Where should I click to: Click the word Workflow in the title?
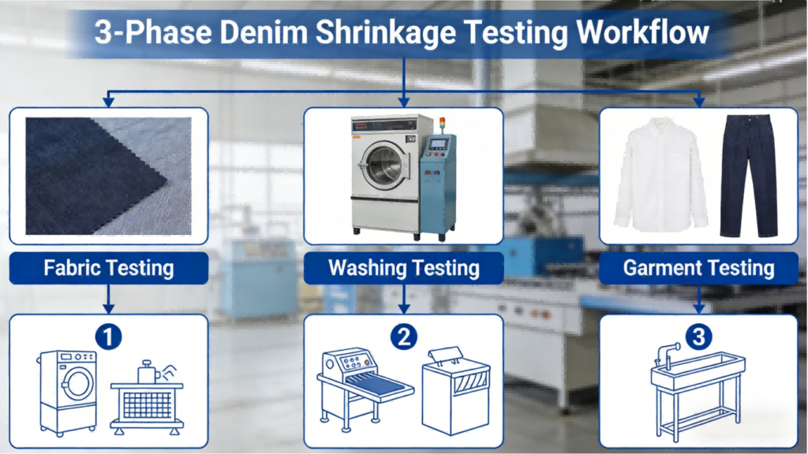(642, 32)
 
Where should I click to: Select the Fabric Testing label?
(109, 268)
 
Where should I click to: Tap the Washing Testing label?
(403, 268)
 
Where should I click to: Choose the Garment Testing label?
(699, 268)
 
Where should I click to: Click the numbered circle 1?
(108, 337)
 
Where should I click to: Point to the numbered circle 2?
(403, 337)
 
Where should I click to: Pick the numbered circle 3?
(699, 337)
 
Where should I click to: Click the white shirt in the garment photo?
(661, 174)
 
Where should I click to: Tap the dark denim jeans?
(749, 176)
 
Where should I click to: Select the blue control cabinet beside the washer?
(437, 185)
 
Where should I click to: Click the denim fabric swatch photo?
(109, 176)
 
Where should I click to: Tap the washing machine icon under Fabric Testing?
(68, 393)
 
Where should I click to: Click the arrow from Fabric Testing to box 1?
(108, 299)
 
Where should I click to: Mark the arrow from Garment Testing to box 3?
(699, 299)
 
